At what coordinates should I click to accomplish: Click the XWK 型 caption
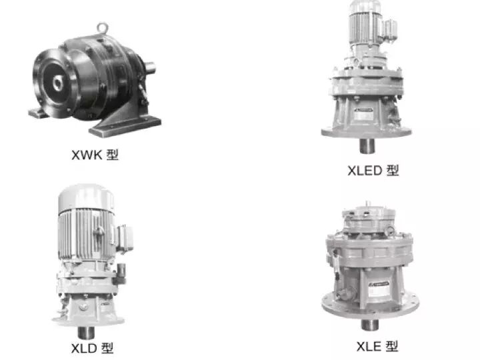click(95, 155)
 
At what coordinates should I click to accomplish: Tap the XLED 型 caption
click(373, 171)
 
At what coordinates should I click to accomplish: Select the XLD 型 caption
click(92, 348)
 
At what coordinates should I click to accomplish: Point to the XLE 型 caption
click(377, 346)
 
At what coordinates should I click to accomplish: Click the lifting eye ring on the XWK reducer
click(102, 28)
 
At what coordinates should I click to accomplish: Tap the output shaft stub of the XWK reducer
click(149, 67)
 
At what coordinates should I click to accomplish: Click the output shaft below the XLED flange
click(367, 146)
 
